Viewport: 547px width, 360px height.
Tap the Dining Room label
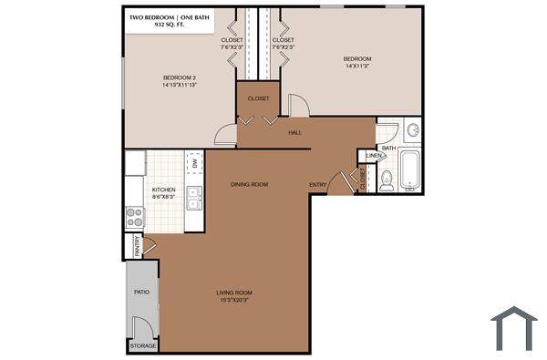(x=249, y=185)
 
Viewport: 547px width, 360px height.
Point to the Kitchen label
(x=163, y=192)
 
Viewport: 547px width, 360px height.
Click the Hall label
(x=295, y=133)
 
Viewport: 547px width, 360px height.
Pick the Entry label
(x=318, y=185)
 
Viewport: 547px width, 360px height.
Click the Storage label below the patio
(x=143, y=346)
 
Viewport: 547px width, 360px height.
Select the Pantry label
(x=137, y=246)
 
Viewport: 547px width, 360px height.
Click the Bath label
(x=388, y=148)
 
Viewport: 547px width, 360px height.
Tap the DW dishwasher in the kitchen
(x=194, y=162)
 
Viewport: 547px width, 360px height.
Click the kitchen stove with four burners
(x=135, y=216)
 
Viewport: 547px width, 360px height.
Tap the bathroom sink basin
(x=411, y=130)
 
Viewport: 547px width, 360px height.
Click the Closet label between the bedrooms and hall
(x=258, y=98)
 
